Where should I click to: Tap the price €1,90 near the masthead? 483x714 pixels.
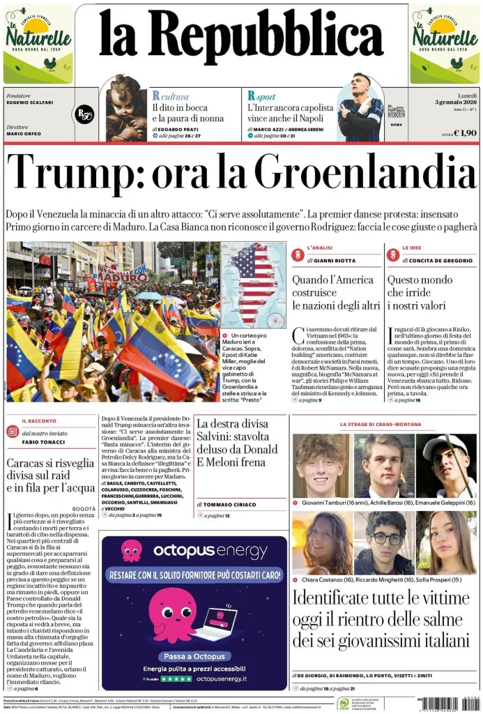(465, 132)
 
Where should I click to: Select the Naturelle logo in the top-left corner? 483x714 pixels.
(38, 43)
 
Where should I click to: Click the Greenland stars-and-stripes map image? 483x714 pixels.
(253, 285)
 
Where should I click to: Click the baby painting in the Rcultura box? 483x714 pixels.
(126, 107)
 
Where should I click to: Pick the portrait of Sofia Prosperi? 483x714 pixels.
(446, 542)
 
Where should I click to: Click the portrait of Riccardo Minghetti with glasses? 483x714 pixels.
(383, 542)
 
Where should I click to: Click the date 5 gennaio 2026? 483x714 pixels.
(453, 102)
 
